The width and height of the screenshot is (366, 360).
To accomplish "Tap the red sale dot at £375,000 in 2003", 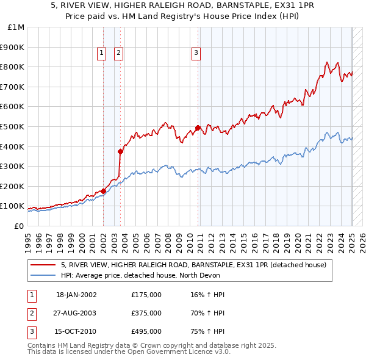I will pos(120,151).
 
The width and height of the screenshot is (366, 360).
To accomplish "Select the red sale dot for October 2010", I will pos(198,128).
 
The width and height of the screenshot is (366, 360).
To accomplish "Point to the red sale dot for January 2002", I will pos(103,191).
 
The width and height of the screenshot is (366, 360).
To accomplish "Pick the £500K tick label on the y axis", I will pos(13,126).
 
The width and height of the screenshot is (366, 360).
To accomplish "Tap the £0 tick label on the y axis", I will pos(19,226).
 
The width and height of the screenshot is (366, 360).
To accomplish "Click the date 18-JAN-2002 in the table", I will pos(76,295).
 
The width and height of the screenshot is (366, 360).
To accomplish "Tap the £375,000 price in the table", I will pos(146,313).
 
